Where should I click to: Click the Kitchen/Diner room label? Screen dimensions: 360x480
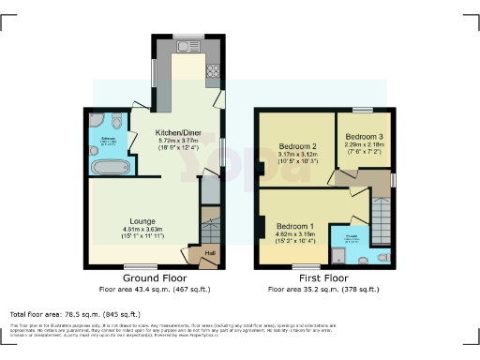pos(179,133)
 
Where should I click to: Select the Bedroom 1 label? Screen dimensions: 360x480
pos(294,226)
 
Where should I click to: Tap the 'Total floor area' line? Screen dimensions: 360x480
pos(75,314)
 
